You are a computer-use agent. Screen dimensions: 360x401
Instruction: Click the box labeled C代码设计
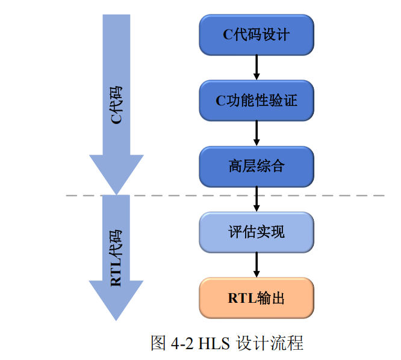click(x=256, y=34)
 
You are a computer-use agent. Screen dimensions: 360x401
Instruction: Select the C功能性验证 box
click(x=256, y=100)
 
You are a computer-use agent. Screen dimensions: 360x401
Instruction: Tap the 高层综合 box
click(x=256, y=166)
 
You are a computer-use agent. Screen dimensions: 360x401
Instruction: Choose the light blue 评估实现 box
click(x=256, y=232)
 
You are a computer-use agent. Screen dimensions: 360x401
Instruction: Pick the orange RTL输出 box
click(x=256, y=297)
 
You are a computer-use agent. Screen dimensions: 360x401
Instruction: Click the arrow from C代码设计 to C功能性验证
click(x=256, y=67)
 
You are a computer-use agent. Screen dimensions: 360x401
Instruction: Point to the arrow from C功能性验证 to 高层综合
click(x=256, y=132)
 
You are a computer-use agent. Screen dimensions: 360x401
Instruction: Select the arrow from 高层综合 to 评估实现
click(x=256, y=198)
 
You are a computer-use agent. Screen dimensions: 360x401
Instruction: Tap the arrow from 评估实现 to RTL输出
click(x=256, y=264)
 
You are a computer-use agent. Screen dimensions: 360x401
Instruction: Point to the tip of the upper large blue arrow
click(x=116, y=191)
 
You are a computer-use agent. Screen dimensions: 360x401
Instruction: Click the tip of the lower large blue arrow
click(x=116, y=318)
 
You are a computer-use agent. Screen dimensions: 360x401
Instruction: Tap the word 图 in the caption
click(x=158, y=343)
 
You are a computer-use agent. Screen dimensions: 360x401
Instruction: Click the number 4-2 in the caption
click(x=182, y=343)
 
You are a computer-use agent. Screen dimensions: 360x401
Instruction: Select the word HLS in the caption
click(x=214, y=343)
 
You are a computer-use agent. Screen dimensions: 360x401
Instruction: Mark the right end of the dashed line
click(x=382, y=195)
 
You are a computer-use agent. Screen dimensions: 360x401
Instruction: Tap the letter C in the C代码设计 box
click(x=228, y=35)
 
